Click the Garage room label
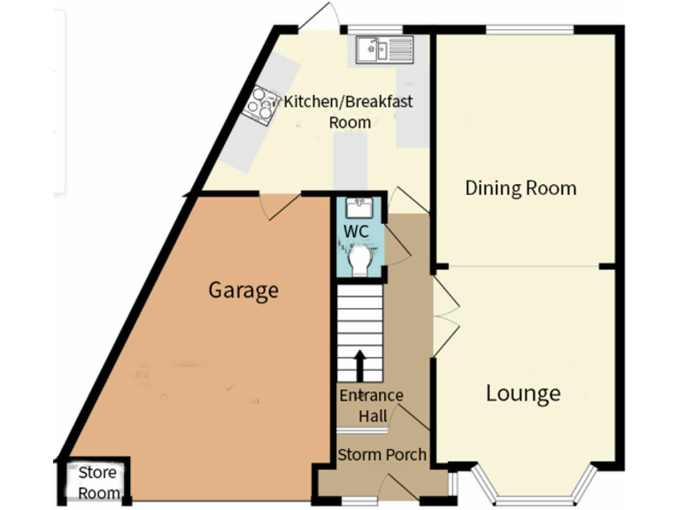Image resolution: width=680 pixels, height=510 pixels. pos(243,290)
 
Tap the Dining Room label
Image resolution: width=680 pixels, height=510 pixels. pos(521,188)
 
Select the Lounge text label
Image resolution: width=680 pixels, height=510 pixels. pos(522,393)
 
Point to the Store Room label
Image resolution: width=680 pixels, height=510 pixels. pos(97,483)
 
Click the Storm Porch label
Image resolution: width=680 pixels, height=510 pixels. pos(382,455)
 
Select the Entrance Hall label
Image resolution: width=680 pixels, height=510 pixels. pos(371,406)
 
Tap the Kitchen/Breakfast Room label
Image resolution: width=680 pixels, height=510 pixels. pos(348,112)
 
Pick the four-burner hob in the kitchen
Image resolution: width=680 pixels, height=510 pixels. pos(261,104)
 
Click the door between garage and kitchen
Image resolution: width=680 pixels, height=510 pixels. pos(282,205)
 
